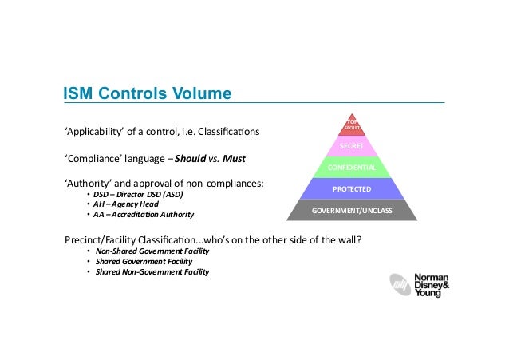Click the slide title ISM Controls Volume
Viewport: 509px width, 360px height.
coord(148,94)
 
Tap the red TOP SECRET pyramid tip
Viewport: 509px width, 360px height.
coord(352,125)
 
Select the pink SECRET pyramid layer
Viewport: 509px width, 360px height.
coord(352,147)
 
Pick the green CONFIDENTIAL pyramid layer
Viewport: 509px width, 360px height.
coord(352,168)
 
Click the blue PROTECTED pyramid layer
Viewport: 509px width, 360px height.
coord(352,190)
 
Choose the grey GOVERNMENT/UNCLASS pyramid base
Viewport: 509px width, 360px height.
coord(352,212)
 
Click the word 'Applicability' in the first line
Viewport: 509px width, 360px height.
coord(95,130)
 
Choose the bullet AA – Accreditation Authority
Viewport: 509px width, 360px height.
coord(144,215)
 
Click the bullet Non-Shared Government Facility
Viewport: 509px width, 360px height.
coord(152,251)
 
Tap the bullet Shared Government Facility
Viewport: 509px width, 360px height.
coord(140,261)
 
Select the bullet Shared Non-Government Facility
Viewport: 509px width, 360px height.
coord(152,271)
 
